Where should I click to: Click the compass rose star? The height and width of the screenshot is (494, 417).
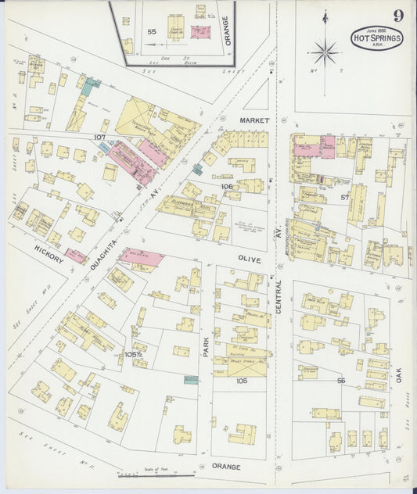[x=325, y=53]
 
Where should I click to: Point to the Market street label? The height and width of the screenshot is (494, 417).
[x=254, y=121]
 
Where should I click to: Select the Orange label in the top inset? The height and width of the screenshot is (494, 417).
[x=228, y=30]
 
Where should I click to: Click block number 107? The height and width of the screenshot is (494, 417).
[x=99, y=138]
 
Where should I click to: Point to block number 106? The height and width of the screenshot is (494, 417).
[x=227, y=187]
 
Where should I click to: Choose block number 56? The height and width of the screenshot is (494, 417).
[x=341, y=381]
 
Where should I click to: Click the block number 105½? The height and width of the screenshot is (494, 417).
[x=133, y=354]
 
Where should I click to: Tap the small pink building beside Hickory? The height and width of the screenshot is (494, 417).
[x=76, y=256]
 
